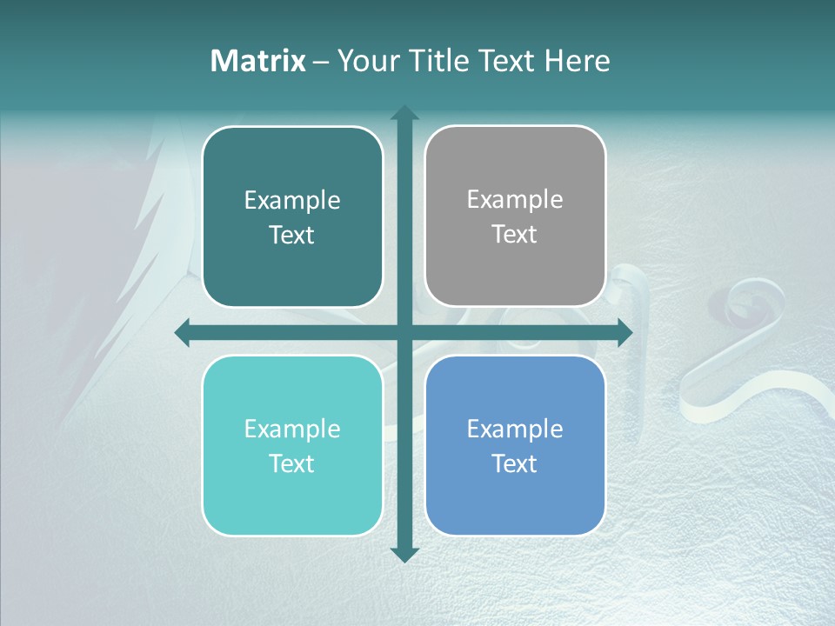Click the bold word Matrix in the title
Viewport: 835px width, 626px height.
(x=258, y=61)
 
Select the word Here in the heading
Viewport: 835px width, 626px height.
(x=577, y=61)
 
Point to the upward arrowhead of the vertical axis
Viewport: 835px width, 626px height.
(x=404, y=113)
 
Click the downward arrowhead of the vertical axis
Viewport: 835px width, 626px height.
(x=404, y=554)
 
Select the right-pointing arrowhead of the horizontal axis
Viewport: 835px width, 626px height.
(x=625, y=332)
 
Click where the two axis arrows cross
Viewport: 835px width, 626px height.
(x=404, y=332)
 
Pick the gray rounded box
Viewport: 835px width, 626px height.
(x=515, y=261)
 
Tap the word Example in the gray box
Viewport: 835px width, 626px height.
(x=515, y=199)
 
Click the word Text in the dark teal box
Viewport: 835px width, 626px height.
(x=292, y=235)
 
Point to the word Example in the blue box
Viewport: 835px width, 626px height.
(x=515, y=429)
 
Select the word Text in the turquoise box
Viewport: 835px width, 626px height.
(x=292, y=463)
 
